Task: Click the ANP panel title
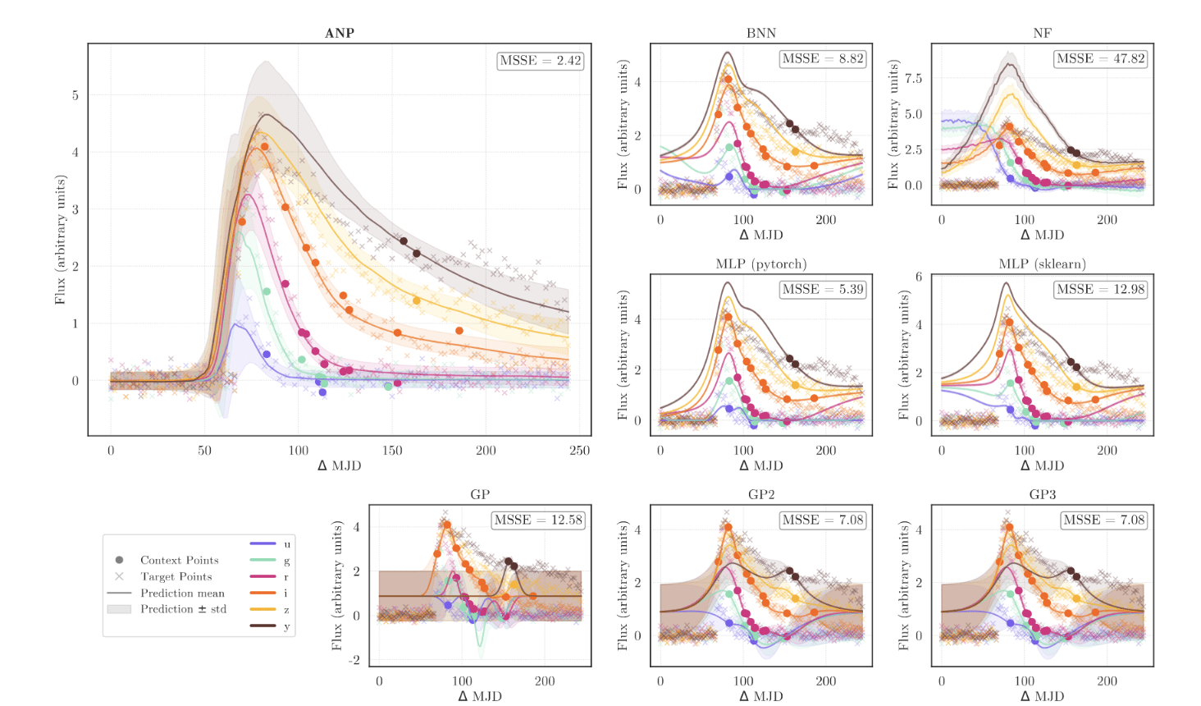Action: [x=340, y=33]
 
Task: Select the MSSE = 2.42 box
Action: [x=541, y=61]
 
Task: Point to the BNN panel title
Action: [x=760, y=33]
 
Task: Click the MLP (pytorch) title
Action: [x=760, y=264]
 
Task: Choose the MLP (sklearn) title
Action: [x=1042, y=264]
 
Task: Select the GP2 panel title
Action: [x=760, y=494]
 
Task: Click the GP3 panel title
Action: [x=1042, y=494]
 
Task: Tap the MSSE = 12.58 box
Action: [x=538, y=520]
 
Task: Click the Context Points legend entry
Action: [x=179, y=560]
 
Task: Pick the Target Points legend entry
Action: [x=176, y=576]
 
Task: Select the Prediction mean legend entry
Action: [x=182, y=593]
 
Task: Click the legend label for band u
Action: [x=287, y=543]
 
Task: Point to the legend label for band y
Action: [x=287, y=626]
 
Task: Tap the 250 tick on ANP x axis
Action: [x=580, y=450]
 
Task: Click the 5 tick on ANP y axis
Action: [x=75, y=95]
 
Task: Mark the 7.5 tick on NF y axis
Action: [x=913, y=79]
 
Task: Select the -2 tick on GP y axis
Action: [x=354, y=660]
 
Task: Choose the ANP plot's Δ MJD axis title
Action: [x=340, y=465]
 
